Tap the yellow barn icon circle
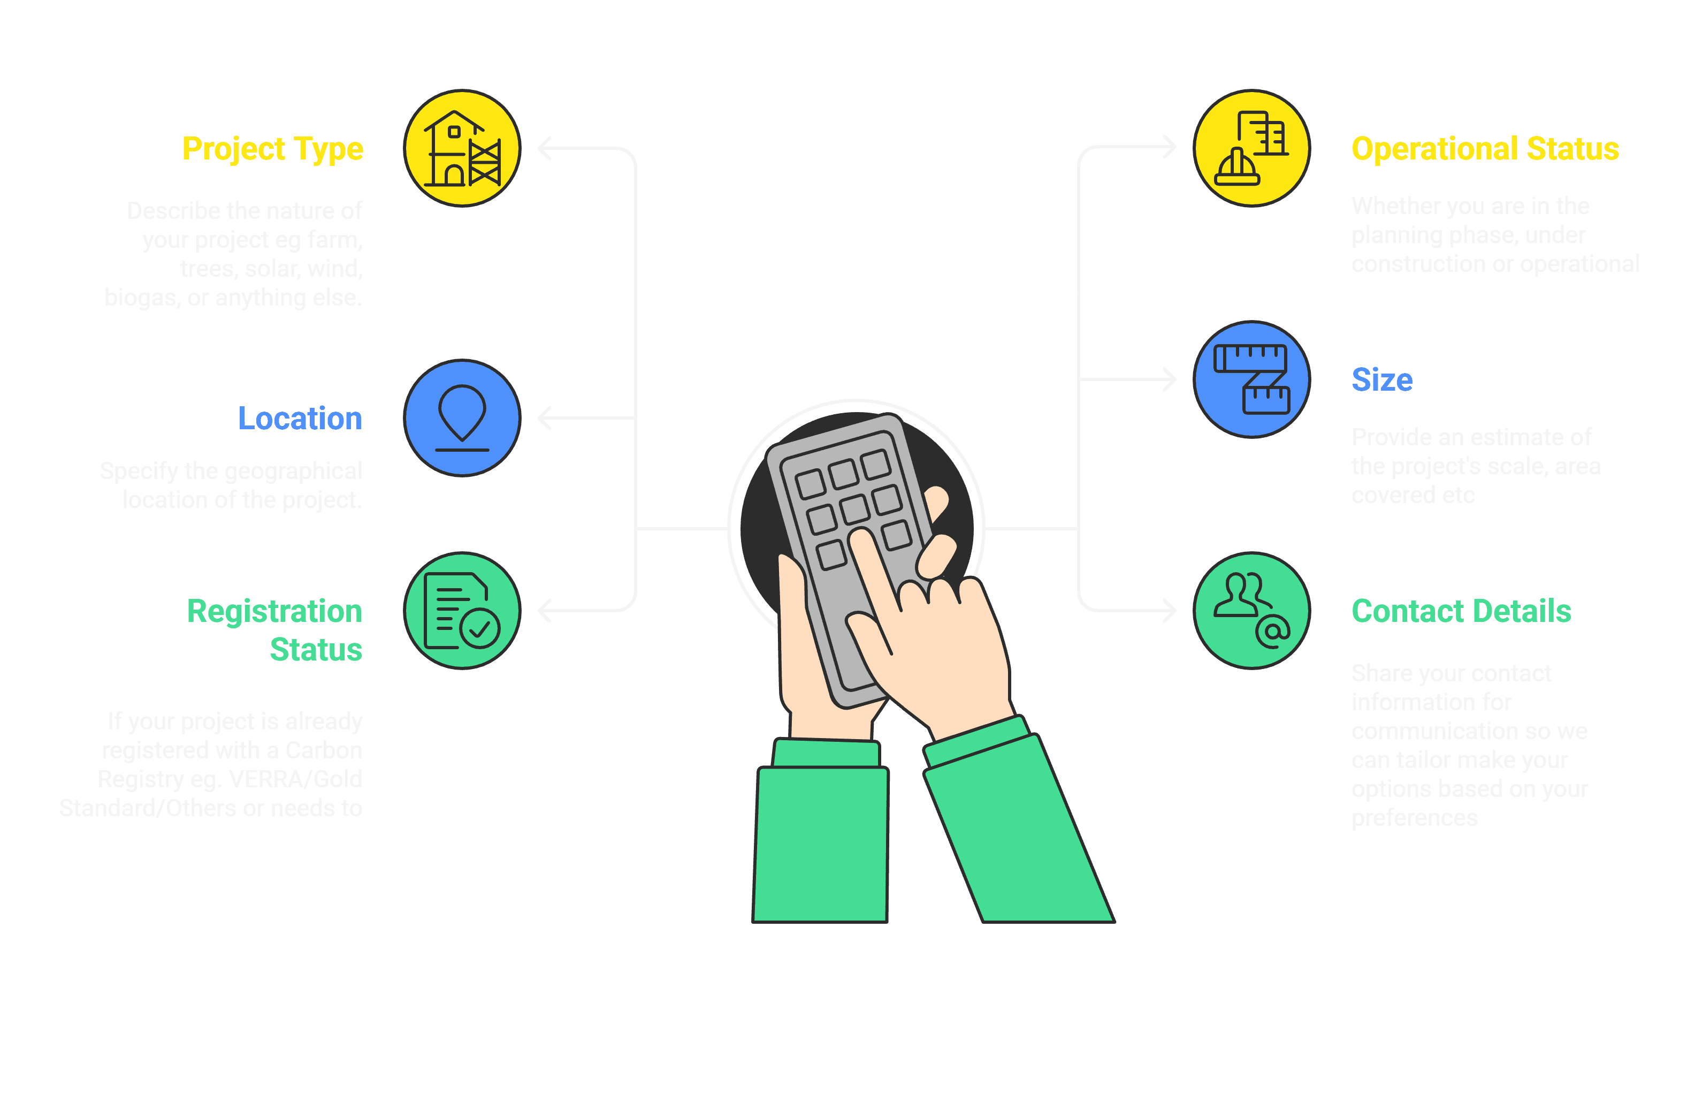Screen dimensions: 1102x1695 pyautogui.click(x=462, y=148)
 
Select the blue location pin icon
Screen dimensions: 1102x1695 pyautogui.click(x=462, y=418)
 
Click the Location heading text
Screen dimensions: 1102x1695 pyautogui.click(x=300, y=418)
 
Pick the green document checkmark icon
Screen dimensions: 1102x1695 pyautogui.click(x=462, y=611)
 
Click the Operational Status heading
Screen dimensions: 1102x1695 pyautogui.click(x=1485, y=149)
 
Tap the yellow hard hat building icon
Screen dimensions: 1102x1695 pyautogui.click(x=1251, y=148)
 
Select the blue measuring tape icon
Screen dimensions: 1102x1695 pyautogui.click(x=1251, y=379)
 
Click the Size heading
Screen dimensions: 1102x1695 pyautogui.click(x=1381, y=379)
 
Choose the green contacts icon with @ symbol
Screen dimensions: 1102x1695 pyautogui.click(x=1251, y=611)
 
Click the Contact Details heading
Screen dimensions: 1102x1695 pyautogui.click(x=1461, y=611)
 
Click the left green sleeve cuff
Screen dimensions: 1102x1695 pyautogui.click(x=826, y=753)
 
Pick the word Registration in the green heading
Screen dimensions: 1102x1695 pyautogui.click(x=274, y=611)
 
